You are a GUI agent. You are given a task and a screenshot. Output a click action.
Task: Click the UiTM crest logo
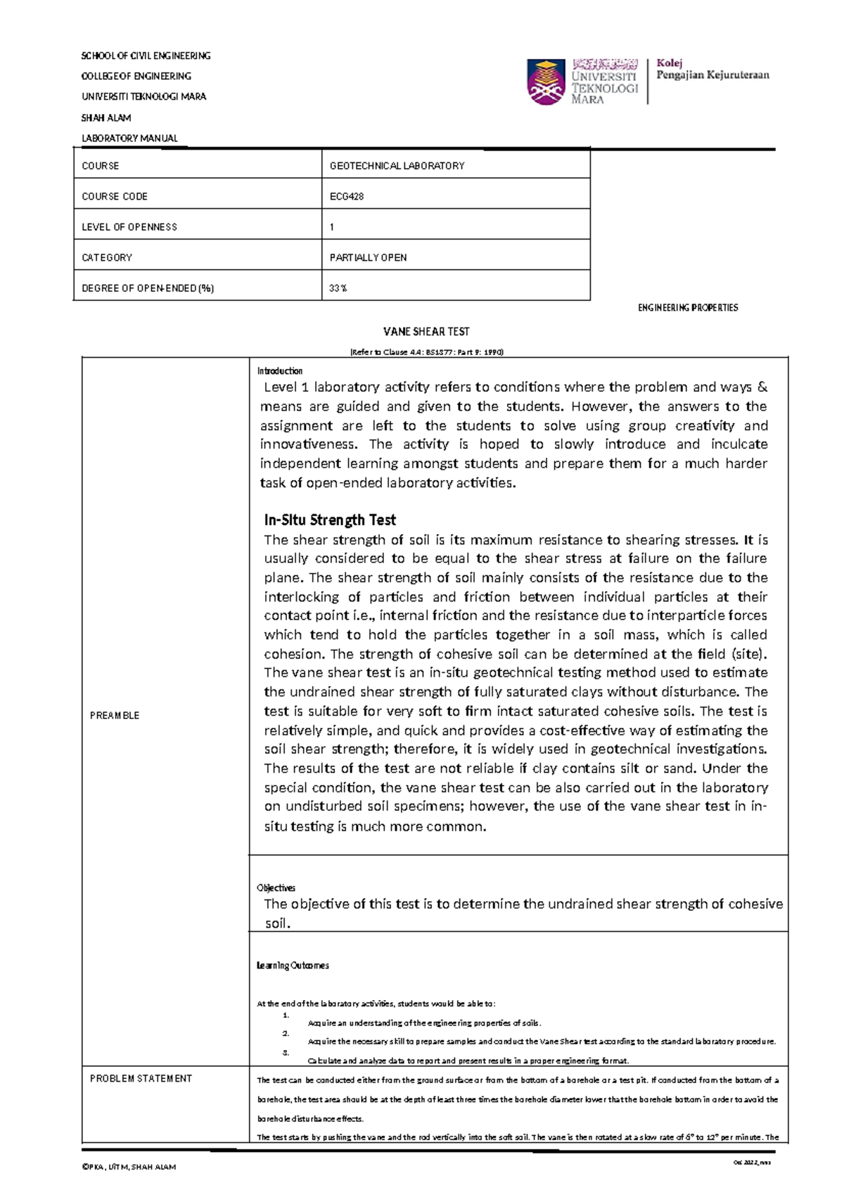click(546, 82)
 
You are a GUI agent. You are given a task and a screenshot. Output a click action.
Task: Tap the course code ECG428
click(347, 197)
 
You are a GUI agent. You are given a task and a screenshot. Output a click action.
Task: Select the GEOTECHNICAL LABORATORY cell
click(397, 166)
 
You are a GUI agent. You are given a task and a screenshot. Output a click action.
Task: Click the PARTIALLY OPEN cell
click(368, 258)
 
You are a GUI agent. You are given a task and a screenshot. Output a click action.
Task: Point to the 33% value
click(338, 288)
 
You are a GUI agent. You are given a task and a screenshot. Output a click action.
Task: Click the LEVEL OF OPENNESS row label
click(129, 227)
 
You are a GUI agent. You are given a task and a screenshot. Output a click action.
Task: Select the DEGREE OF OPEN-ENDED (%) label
click(148, 288)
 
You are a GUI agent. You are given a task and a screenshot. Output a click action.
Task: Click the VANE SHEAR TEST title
click(426, 332)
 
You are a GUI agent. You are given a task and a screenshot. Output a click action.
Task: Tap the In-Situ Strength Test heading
click(330, 520)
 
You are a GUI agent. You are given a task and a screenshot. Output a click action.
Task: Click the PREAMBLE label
click(115, 715)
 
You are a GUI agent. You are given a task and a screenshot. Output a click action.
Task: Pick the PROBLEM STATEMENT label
click(141, 1078)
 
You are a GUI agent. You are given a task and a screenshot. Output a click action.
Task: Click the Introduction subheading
click(280, 371)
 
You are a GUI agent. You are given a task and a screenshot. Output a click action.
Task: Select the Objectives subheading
click(276, 888)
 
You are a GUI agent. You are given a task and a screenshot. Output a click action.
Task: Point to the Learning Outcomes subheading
click(293, 966)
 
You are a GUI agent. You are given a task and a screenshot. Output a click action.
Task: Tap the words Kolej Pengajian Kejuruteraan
click(712, 70)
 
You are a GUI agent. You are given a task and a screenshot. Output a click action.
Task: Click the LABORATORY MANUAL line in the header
click(129, 138)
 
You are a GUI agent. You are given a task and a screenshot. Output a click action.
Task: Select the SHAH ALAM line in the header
click(106, 118)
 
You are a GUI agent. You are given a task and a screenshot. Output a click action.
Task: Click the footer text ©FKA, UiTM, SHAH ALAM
click(129, 1167)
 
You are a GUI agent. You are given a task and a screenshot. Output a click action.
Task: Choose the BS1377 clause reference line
click(426, 352)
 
